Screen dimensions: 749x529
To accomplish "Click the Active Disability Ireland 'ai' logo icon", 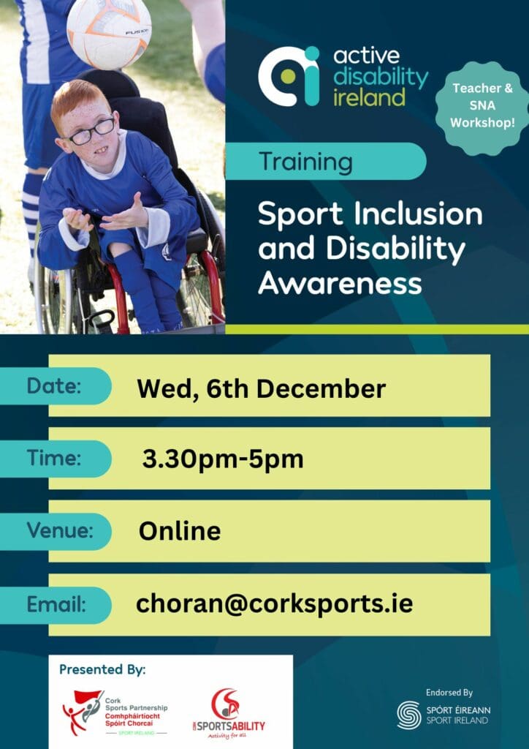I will tap(289, 75).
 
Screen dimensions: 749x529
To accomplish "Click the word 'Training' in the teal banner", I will tap(306, 161).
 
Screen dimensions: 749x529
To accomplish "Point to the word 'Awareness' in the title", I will tap(340, 284).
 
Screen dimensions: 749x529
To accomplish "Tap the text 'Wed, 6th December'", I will tap(261, 388).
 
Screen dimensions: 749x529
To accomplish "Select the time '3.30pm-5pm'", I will tap(223, 459).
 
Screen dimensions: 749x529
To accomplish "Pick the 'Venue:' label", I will tap(60, 530).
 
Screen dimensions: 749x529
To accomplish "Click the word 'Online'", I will tap(180, 530).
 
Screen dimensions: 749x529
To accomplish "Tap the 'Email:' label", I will tap(57, 605).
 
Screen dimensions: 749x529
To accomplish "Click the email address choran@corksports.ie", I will tap(274, 603).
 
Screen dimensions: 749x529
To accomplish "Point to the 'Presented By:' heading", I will tap(102, 669).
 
